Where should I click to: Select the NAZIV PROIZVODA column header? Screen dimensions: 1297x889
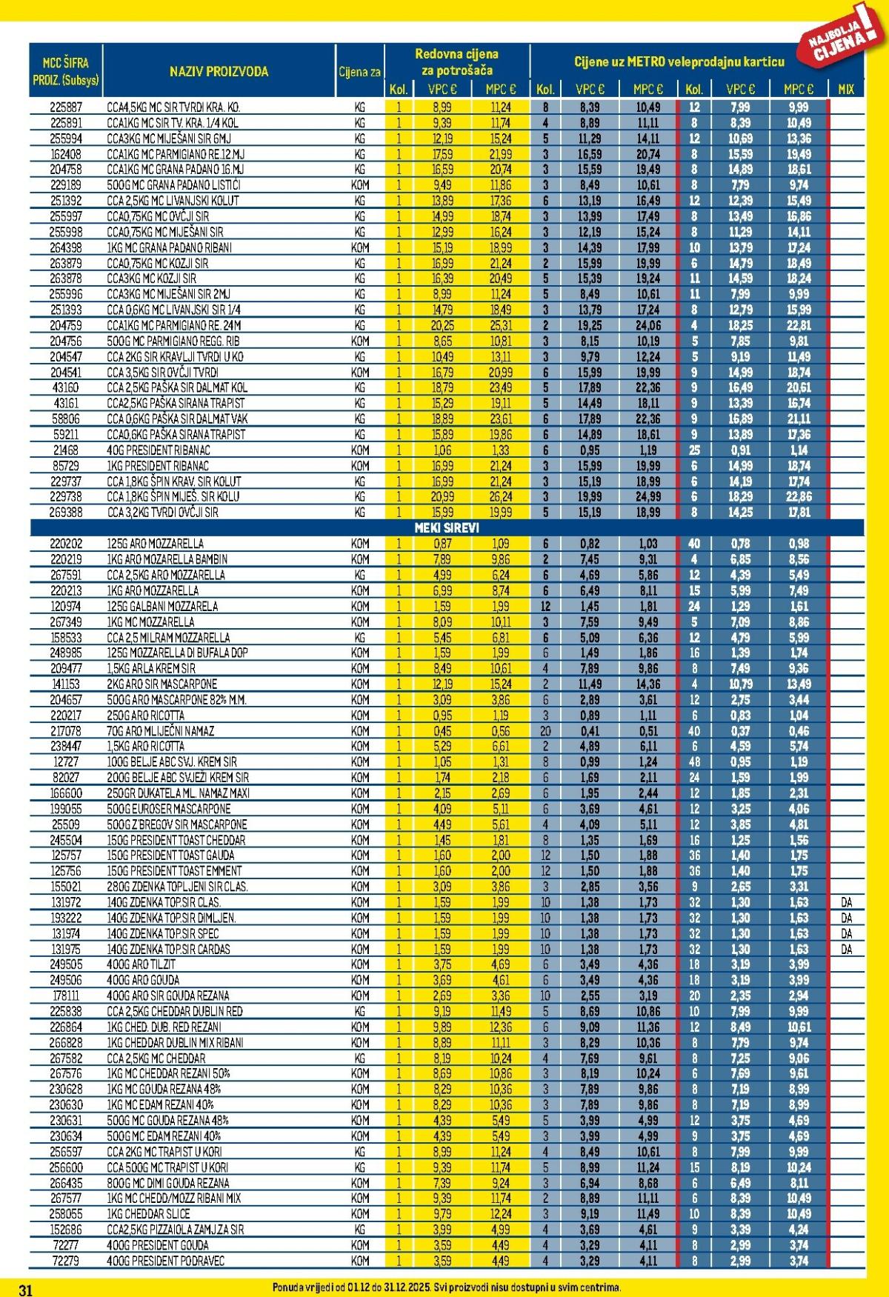click(219, 72)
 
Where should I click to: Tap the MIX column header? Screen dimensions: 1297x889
click(845, 89)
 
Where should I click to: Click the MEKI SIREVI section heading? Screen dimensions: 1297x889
click(446, 527)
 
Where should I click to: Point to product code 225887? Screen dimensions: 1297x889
click(66, 107)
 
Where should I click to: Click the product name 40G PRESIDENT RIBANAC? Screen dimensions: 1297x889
click(159, 450)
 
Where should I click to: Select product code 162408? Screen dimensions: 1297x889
click(66, 154)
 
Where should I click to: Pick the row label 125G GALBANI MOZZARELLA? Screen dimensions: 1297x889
click(162, 606)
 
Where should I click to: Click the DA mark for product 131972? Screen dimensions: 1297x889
click(846, 902)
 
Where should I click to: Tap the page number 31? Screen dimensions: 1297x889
click(25, 1290)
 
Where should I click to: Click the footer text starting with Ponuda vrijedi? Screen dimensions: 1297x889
click(446, 1287)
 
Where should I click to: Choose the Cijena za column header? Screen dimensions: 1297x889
click(359, 72)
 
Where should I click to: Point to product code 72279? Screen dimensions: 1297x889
click(66, 1260)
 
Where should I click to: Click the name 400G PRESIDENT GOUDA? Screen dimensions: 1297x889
click(158, 1244)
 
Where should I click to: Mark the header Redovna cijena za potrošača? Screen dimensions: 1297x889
click(456, 61)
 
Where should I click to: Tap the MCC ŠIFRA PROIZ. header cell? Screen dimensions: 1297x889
click(66, 72)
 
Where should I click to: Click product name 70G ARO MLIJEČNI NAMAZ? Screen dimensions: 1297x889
click(160, 730)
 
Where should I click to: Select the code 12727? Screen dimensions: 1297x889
click(66, 761)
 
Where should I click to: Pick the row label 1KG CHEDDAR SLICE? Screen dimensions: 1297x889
click(148, 1213)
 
